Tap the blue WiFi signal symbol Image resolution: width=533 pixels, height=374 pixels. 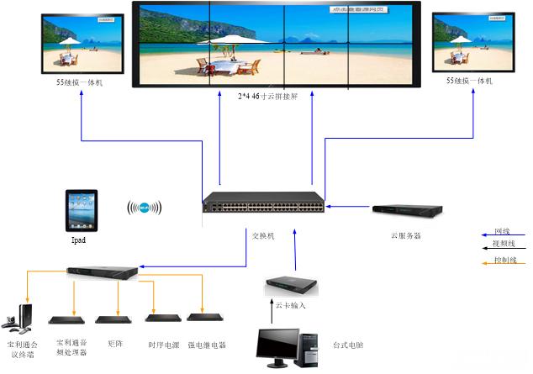144,208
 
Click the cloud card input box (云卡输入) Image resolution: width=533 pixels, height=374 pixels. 291,285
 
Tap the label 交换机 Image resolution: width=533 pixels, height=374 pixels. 263,236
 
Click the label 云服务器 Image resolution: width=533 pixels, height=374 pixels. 406,236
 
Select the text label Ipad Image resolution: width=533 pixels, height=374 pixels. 79,240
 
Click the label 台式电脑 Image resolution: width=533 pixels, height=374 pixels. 348,345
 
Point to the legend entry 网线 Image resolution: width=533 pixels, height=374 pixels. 503,230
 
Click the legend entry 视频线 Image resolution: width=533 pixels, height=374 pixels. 504,244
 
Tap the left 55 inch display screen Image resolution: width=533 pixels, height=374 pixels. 82,42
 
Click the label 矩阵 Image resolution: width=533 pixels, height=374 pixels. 115,343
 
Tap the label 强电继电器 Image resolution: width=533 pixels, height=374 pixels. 206,345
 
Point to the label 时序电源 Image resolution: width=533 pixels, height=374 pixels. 163,345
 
